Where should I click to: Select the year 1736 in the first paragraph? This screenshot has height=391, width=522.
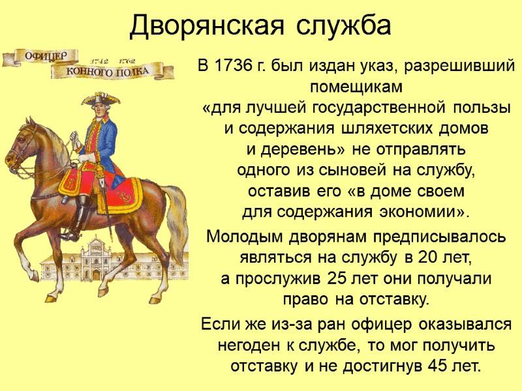[x=234, y=66]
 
